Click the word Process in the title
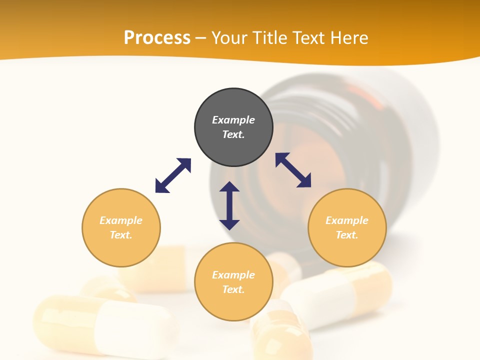(x=157, y=38)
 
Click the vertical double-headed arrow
(x=229, y=205)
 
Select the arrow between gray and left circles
(x=173, y=175)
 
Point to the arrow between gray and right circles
(x=293, y=170)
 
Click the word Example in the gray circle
(x=233, y=120)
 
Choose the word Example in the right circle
(x=347, y=220)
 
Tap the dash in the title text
(x=201, y=38)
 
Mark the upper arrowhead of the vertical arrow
(x=229, y=187)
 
